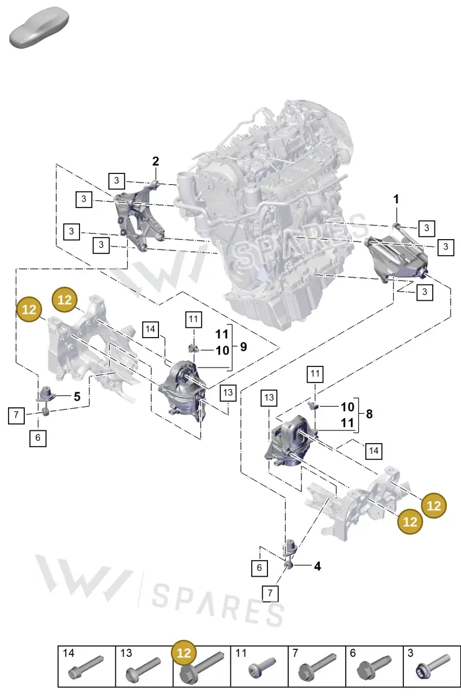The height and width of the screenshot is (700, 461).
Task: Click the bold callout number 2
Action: click(156, 161)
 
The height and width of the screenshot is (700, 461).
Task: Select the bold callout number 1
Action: click(396, 199)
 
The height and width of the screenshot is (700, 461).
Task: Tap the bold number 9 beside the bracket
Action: click(244, 347)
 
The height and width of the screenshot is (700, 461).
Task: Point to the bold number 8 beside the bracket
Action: click(369, 414)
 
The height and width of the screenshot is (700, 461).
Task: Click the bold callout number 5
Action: click(77, 396)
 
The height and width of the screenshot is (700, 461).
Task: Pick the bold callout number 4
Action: click(318, 566)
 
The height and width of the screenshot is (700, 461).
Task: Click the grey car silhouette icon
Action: click(39, 27)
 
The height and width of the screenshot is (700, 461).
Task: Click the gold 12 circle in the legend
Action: click(183, 653)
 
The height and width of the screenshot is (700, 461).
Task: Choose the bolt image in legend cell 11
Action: click(262, 668)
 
